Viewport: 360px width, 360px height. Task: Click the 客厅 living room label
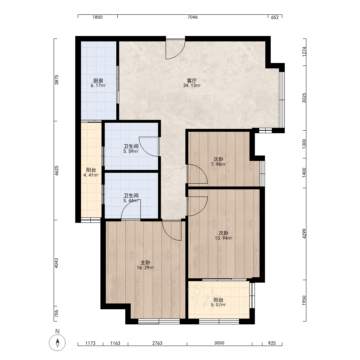coord(192,81)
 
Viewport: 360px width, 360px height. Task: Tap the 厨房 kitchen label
coord(98,81)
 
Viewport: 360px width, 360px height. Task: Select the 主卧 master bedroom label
coord(145,263)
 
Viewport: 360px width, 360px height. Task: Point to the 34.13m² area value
coord(192,86)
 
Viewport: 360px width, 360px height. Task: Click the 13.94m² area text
coord(224,238)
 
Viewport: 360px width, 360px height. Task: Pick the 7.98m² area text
coord(219,164)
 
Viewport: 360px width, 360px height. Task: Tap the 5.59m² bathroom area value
coord(131,151)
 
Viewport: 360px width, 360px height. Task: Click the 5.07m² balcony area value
coord(219,305)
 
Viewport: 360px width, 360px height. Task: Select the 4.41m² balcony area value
coord(91,175)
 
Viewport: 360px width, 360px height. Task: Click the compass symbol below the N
coord(57,343)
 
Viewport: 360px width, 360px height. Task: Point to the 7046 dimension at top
coord(192,17)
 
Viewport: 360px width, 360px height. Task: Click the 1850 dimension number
coord(97,17)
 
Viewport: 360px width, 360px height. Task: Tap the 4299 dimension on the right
coord(304,234)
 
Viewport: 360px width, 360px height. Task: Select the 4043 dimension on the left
coord(56,263)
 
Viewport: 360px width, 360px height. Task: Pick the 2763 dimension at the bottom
coord(157,343)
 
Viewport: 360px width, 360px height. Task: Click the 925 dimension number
coord(272,343)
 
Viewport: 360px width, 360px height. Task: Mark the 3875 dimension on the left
coord(56,80)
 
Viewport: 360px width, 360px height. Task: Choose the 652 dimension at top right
coord(275,17)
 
